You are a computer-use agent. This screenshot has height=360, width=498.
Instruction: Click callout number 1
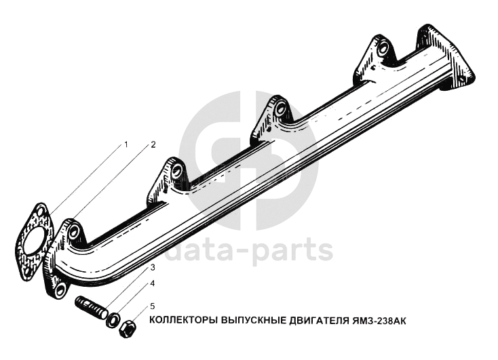126,144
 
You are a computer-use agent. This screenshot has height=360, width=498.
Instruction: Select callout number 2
153,144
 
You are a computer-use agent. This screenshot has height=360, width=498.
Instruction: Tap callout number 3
153,268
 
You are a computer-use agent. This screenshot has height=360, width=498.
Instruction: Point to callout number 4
153,283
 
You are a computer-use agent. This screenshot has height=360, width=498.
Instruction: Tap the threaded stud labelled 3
91,308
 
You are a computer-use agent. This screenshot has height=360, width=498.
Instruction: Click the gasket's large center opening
33,241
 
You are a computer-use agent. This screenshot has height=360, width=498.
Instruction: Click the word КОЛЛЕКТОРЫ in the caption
184,319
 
